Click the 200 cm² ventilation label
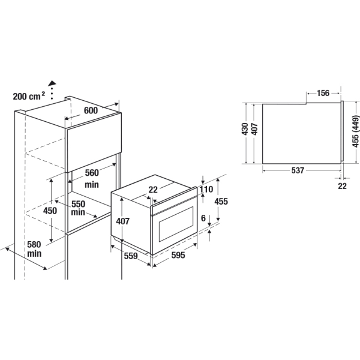29,96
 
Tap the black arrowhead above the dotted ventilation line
52,83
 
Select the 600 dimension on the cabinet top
91,110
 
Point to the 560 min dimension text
92,178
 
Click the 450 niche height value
50,211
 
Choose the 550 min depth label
78,208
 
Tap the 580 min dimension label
34,249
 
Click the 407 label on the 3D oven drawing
123,221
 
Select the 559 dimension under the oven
131,256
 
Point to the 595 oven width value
178,255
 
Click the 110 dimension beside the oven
206,190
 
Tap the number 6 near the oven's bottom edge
203,218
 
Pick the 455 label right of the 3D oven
221,202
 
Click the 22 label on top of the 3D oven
153,190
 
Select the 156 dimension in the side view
323,93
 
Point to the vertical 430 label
245,129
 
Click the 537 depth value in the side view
298,170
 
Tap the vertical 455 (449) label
355,131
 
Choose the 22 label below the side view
342,186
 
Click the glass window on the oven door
176,224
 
